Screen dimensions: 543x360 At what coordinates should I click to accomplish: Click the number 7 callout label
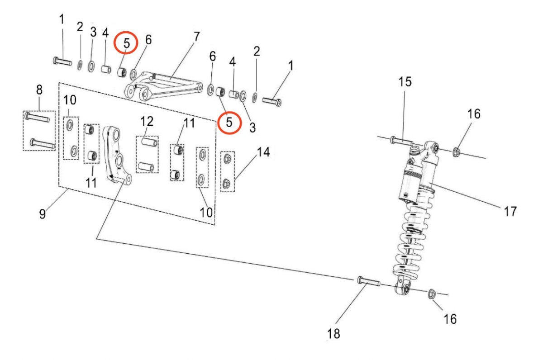[x=196, y=37]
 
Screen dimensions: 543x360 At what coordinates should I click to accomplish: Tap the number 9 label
[x=43, y=214]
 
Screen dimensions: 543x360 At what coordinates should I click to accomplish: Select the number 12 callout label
[x=147, y=121]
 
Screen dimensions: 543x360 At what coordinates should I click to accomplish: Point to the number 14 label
[x=263, y=152]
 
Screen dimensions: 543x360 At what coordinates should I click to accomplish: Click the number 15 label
[x=405, y=82]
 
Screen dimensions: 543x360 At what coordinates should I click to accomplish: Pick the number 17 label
[x=510, y=211]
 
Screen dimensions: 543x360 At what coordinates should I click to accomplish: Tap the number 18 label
[x=333, y=334]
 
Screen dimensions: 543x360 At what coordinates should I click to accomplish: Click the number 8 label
[x=39, y=90]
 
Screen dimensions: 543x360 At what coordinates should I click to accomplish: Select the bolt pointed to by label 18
[x=368, y=281]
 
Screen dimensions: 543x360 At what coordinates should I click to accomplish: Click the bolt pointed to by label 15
[x=401, y=141]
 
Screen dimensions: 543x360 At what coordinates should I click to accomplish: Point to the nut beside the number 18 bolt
[x=432, y=294]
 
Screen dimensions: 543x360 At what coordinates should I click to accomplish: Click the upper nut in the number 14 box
[x=227, y=159]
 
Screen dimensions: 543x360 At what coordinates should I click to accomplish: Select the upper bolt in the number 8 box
[x=37, y=117]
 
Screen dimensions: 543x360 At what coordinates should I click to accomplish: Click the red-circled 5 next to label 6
[x=126, y=43]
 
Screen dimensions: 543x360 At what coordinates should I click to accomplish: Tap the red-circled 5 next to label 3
[x=229, y=123]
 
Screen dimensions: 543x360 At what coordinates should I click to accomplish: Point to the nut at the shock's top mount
[x=457, y=152]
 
